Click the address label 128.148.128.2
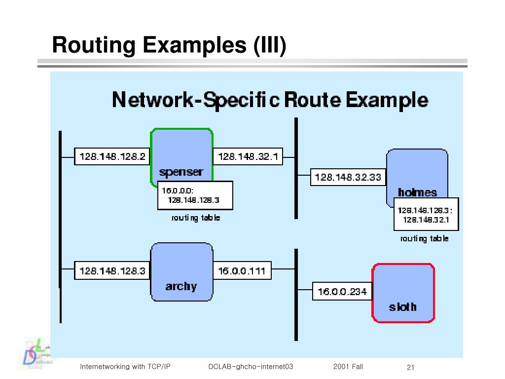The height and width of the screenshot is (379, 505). click(x=112, y=157)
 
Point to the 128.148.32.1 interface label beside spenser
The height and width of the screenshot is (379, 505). click(x=248, y=157)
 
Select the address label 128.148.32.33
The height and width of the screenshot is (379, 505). click(x=348, y=177)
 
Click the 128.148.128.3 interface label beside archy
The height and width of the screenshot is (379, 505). click(x=112, y=271)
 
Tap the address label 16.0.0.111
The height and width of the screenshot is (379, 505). click(x=242, y=271)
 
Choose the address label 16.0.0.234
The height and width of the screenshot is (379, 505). click(x=342, y=292)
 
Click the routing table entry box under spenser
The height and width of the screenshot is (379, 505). click(x=195, y=195)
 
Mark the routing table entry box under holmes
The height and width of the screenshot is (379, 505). click(x=426, y=214)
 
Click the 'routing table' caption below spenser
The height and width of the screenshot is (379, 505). click(x=196, y=218)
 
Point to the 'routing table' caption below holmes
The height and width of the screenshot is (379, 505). click(x=424, y=238)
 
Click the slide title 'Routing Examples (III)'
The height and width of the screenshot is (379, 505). click(x=169, y=45)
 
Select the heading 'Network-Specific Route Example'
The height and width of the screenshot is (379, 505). click(x=270, y=100)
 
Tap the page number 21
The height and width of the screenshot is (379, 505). click(x=410, y=367)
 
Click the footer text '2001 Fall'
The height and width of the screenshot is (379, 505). click(x=348, y=367)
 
